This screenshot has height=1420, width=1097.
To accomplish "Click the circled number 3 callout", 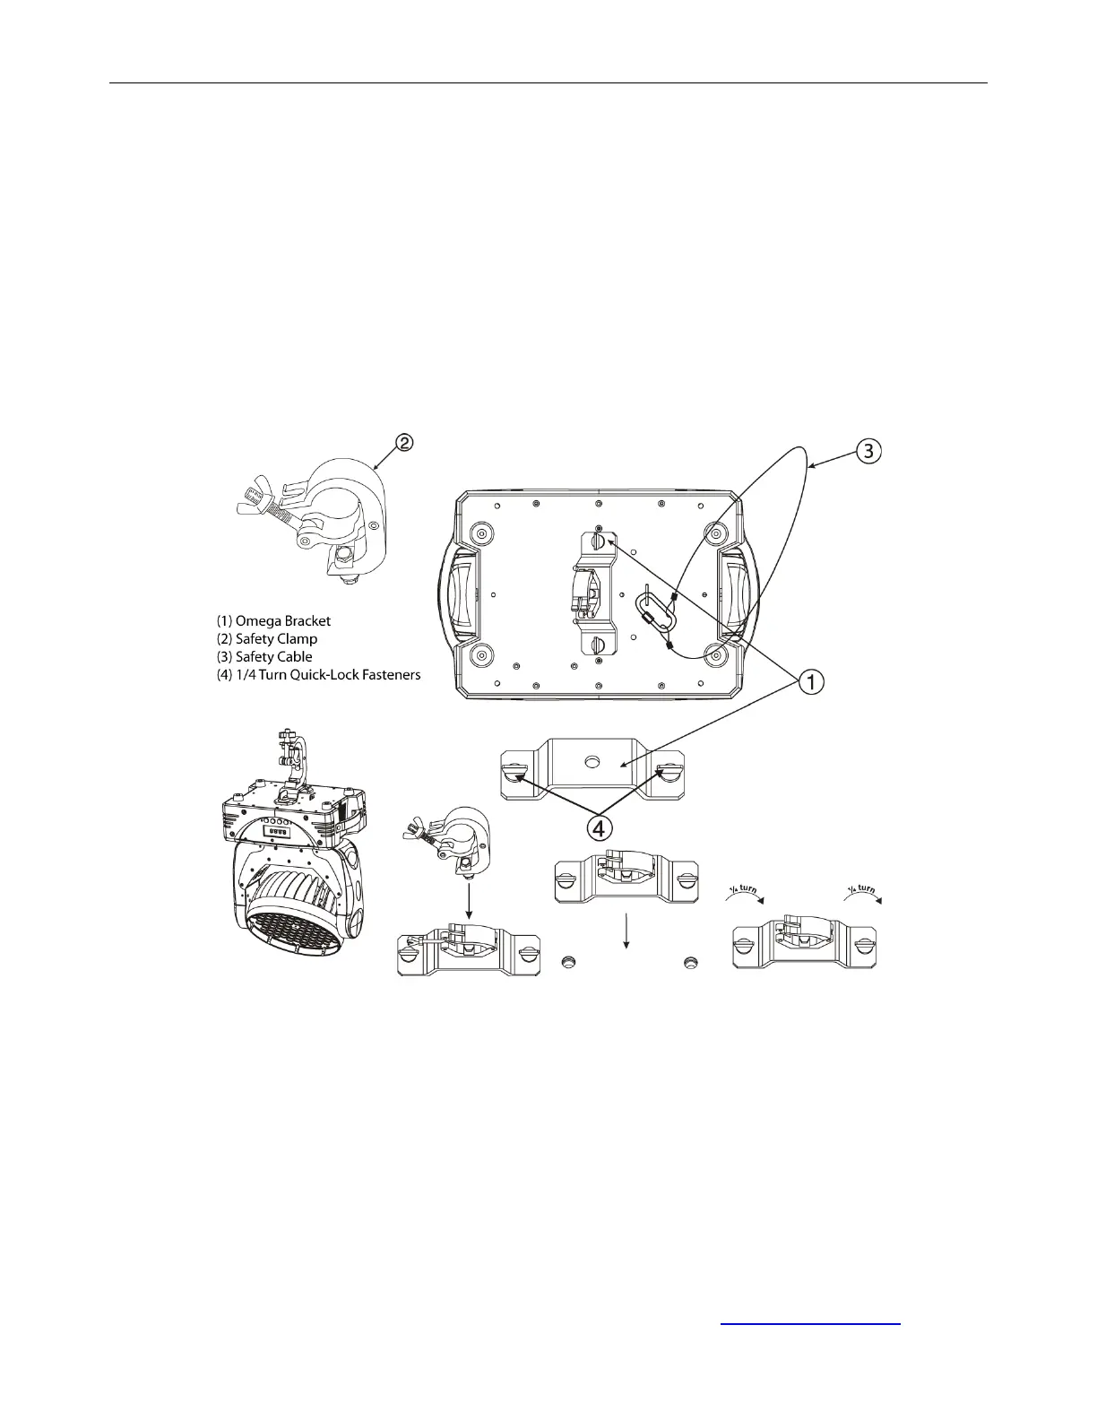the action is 868,451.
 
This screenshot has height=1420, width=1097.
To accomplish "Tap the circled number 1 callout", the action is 811,683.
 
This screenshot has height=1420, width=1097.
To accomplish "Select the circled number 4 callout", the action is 599,828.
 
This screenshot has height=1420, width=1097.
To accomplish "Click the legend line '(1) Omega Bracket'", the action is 273,620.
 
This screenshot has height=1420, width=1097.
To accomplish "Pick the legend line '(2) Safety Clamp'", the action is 267,638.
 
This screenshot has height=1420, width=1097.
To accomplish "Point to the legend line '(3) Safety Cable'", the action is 264,657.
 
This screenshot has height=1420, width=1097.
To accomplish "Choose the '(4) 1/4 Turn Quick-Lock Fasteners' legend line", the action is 319,674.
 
